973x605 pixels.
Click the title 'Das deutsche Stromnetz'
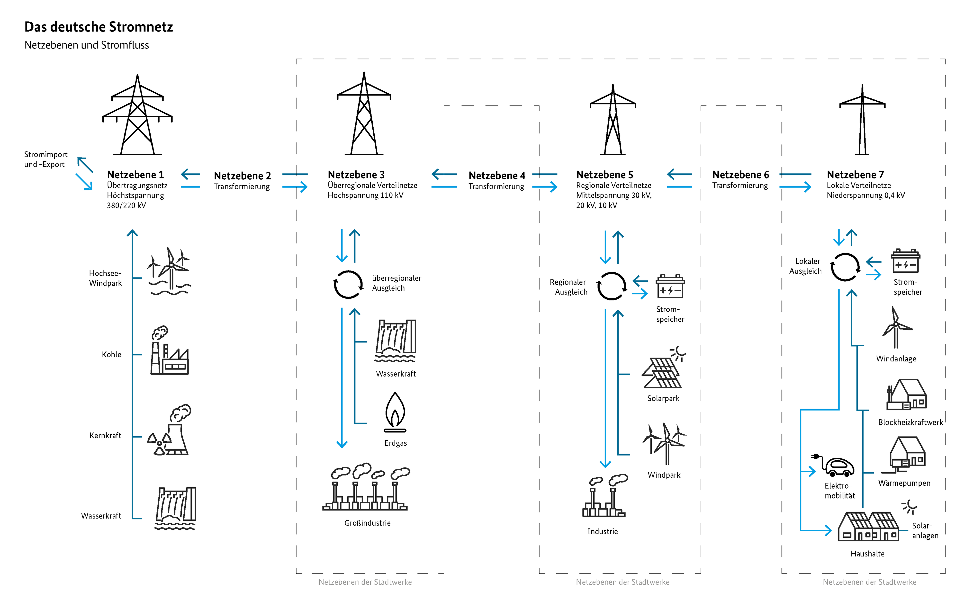pos(99,27)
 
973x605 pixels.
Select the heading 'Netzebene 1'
pos(135,175)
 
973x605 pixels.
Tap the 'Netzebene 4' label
pos(496,176)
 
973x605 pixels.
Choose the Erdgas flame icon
pos(395,412)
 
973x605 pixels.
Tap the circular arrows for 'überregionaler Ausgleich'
pos(348,284)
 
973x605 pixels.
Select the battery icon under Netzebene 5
pos(670,287)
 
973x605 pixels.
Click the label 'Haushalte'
pos(867,554)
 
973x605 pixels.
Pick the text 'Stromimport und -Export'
pos(46,159)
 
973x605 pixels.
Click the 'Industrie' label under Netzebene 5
pos(602,531)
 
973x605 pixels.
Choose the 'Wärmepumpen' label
pos(904,483)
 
